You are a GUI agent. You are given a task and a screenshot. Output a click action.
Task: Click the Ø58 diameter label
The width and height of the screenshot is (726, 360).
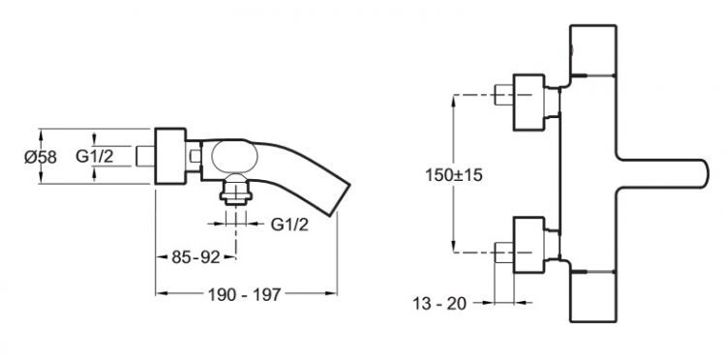(x=41, y=158)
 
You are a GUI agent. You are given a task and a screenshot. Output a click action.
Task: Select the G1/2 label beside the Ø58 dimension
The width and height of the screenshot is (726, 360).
(x=95, y=157)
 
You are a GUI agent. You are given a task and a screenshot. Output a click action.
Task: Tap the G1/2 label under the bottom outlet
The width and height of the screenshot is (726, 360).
(x=289, y=225)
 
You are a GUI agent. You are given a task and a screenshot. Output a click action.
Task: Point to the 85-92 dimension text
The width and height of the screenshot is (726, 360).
(x=196, y=257)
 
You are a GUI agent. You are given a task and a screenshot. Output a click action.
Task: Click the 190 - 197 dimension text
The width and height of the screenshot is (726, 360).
(x=244, y=294)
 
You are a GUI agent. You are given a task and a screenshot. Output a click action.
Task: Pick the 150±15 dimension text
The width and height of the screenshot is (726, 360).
(x=454, y=175)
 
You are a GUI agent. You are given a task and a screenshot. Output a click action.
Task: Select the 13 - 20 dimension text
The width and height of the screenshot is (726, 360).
(x=439, y=304)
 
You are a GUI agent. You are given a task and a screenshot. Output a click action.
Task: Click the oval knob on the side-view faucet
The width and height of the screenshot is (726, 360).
(x=234, y=158)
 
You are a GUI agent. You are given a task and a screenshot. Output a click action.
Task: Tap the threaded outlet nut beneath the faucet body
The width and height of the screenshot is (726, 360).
(x=235, y=192)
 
